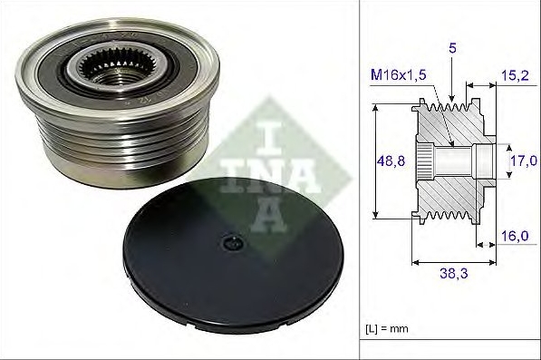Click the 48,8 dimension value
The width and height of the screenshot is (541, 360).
coord(391,161)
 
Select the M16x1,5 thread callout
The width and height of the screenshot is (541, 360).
coord(398,74)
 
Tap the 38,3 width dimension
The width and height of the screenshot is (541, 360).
coord(454,274)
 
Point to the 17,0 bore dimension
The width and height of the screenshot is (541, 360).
coord(523,161)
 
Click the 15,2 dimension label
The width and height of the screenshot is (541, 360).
coord(515,75)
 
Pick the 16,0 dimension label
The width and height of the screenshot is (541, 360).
coord(515,236)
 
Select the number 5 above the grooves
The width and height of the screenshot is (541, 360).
coord(452,48)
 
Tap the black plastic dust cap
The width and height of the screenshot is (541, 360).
coord(233,255)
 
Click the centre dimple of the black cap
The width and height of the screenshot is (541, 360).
coord(233,243)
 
